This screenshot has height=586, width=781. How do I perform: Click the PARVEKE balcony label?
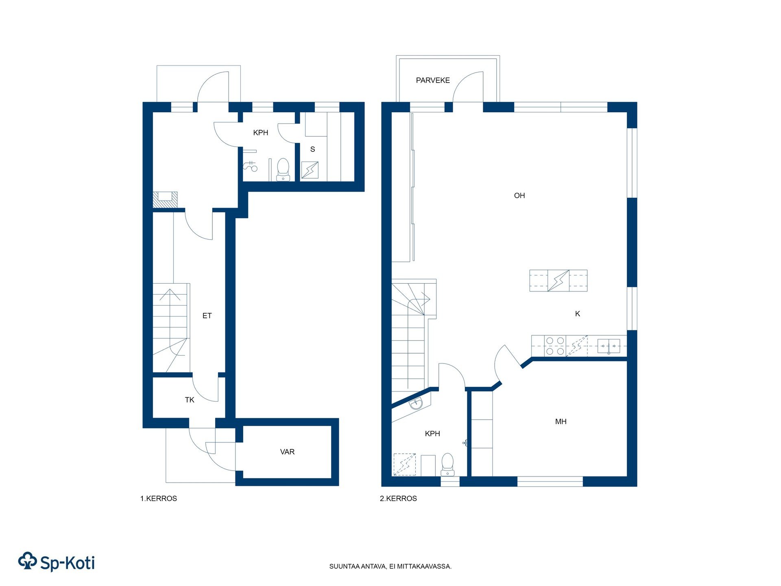tap(433, 81)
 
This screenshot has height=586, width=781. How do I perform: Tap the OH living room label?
tap(519, 196)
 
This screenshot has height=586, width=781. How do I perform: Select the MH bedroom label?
tap(561, 422)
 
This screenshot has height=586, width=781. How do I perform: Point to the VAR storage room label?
tap(287, 452)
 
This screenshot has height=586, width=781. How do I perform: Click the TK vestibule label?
tap(190, 400)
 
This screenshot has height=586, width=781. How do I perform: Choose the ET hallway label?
tap(207, 316)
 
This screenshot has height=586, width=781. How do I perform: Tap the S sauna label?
tap(312, 149)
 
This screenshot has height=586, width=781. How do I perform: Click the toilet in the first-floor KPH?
tap(283, 170)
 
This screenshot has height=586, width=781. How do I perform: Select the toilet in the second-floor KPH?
tap(447, 464)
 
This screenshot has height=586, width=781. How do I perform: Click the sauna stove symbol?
tap(310, 170)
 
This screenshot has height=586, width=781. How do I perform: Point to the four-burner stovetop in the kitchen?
tap(555, 346)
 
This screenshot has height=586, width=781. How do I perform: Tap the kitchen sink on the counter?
tap(609, 346)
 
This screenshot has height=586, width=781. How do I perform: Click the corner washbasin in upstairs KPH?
tap(416, 404)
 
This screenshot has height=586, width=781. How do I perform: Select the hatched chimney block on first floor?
tap(165, 200)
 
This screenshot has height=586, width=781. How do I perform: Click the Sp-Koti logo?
tap(57, 562)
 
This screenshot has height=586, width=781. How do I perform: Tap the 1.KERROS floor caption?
tap(159, 499)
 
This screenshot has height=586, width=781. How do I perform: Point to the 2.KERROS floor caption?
tap(398, 499)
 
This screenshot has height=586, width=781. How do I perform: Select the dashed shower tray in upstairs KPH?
tap(405, 464)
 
